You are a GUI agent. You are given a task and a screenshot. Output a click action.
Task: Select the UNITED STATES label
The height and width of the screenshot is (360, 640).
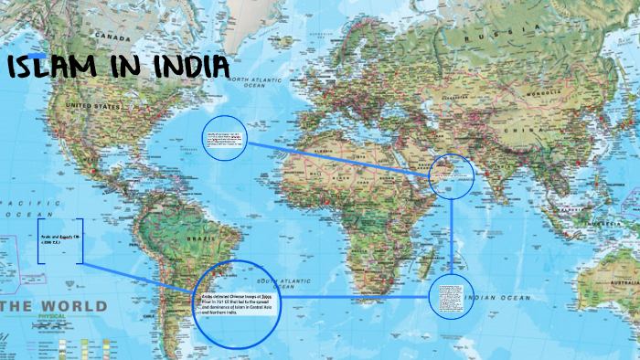(x=96, y=106)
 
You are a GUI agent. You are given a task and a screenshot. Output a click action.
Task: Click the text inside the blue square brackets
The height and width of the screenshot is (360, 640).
(x=60, y=240)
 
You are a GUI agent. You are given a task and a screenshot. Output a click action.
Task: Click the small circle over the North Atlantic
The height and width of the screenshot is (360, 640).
(x=224, y=138)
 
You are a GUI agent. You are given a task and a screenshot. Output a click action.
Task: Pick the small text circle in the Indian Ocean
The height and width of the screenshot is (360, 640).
(x=452, y=297)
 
